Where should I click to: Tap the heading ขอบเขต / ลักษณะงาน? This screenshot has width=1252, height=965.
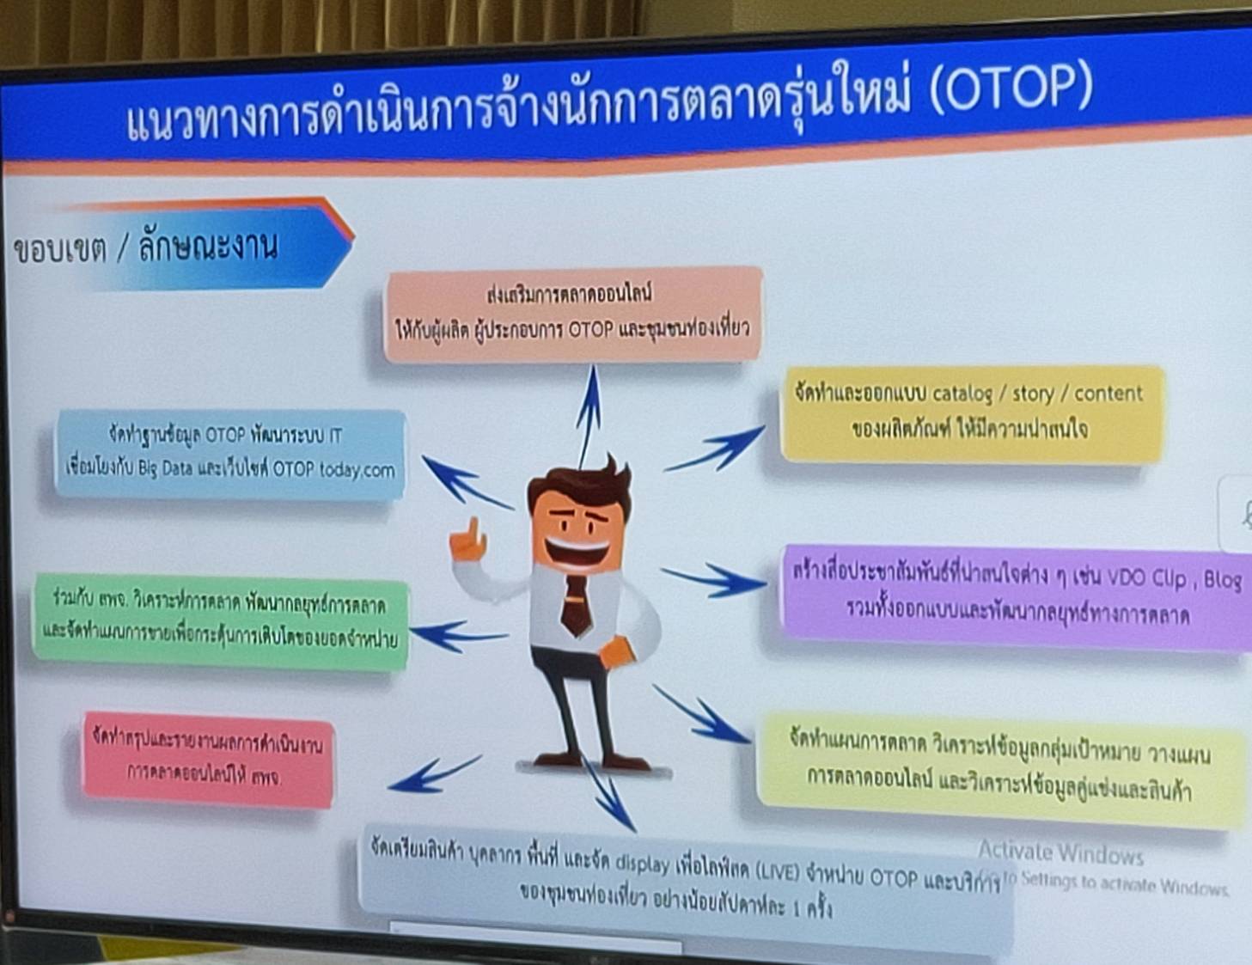tap(146, 247)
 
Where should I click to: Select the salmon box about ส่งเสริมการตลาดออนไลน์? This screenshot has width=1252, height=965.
tap(572, 313)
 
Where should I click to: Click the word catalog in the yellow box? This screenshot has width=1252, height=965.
tap(962, 394)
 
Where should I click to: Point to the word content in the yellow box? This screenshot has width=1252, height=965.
tap(1108, 394)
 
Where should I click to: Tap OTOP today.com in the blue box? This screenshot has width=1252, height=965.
tap(333, 469)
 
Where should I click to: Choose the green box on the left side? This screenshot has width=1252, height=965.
tap(220, 618)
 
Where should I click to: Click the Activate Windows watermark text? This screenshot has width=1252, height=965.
tap(1060, 853)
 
